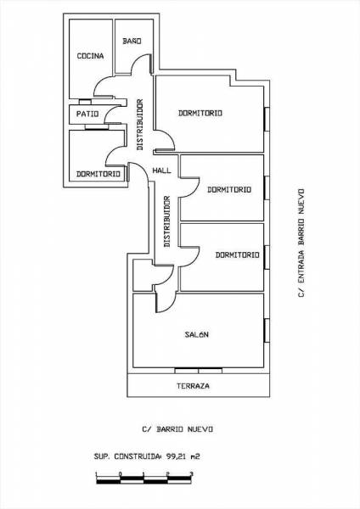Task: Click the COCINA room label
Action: [x=90, y=56]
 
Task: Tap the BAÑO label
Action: [x=132, y=41]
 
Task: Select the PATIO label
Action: [x=87, y=114]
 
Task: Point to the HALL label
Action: [x=162, y=171]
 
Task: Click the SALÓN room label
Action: [x=197, y=334]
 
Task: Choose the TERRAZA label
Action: [x=193, y=386]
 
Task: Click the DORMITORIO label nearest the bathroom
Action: [x=200, y=113]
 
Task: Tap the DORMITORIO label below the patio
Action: [x=98, y=174]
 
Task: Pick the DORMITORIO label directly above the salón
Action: [x=238, y=255]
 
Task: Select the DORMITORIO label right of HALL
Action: [x=229, y=189]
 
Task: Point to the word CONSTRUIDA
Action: [x=138, y=456]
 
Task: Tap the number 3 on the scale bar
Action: [x=191, y=474]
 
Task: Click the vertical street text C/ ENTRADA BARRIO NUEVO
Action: [x=301, y=243]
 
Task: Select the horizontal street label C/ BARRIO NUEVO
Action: [x=177, y=429]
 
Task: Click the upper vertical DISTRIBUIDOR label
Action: [x=140, y=125]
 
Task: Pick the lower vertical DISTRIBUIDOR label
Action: [x=167, y=221]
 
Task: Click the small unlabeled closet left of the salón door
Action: [x=143, y=275]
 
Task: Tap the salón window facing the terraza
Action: [x=198, y=371]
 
